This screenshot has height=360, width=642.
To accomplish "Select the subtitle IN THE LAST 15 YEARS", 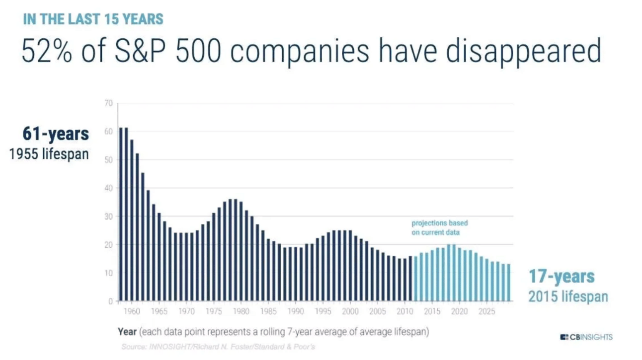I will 93,19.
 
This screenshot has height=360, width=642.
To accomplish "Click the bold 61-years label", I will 56,134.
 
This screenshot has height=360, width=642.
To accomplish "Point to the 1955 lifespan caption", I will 49,153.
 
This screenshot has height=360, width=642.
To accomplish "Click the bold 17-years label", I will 561,277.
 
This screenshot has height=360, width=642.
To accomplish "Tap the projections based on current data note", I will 439,227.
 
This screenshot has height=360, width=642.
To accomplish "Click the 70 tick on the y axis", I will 108,103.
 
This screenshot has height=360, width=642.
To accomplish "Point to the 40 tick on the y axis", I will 108,188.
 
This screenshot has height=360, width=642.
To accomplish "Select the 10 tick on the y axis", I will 108,273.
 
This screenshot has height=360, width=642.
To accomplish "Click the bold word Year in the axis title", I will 127,331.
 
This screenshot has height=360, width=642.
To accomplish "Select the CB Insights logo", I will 586,337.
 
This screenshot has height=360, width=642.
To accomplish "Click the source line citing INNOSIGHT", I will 218,346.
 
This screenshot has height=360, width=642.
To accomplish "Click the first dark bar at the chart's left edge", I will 121,215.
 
